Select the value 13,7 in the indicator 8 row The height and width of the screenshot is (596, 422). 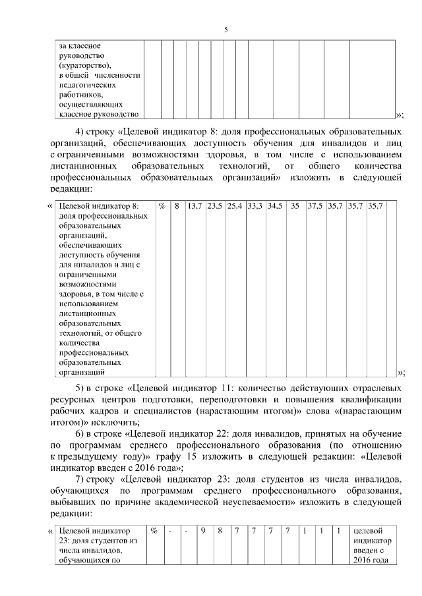pyautogui.click(x=195, y=206)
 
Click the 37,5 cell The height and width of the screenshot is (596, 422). pyautogui.click(x=316, y=206)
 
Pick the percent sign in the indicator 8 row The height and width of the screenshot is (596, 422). pyautogui.click(x=162, y=206)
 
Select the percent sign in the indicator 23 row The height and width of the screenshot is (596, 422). pyautogui.click(x=154, y=530)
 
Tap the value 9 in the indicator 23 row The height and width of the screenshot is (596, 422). pyautogui.click(x=204, y=530)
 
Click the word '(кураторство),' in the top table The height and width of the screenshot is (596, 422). pyautogui.click(x=85, y=67)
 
